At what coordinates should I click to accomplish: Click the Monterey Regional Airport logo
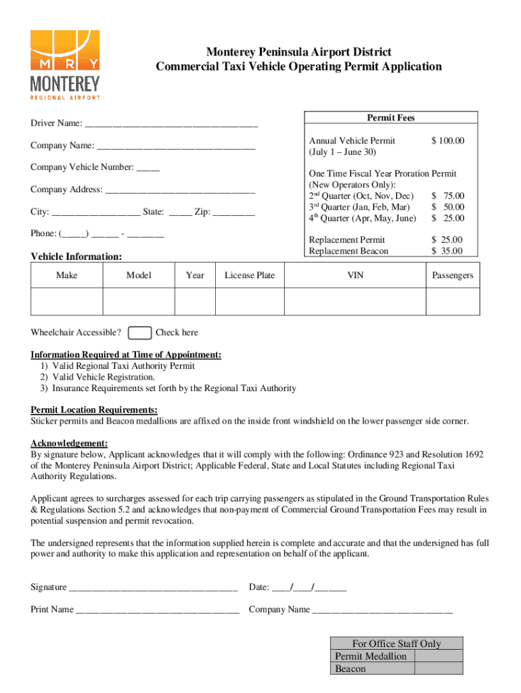tap(65, 65)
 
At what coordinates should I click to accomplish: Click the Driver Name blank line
tap(172, 124)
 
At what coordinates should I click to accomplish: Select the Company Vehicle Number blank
tap(148, 167)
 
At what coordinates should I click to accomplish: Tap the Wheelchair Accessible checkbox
tap(139, 332)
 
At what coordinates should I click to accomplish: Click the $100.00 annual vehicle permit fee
tap(448, 141)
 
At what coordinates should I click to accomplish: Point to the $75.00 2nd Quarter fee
tap(448, 196)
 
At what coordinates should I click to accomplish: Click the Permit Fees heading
tap(390, 118)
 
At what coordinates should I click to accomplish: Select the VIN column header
tap(355, 275)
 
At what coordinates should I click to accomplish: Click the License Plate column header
tap(250, 275)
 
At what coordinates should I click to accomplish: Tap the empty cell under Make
tap(67, 302)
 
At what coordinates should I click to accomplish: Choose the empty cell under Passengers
tap(452, 302)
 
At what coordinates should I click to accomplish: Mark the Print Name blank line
tap(158, 610)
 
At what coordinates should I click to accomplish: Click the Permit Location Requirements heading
tap(94, 410)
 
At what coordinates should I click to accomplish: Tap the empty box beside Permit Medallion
tap(438, 656)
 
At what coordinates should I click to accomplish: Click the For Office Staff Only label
tap(396, 644)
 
